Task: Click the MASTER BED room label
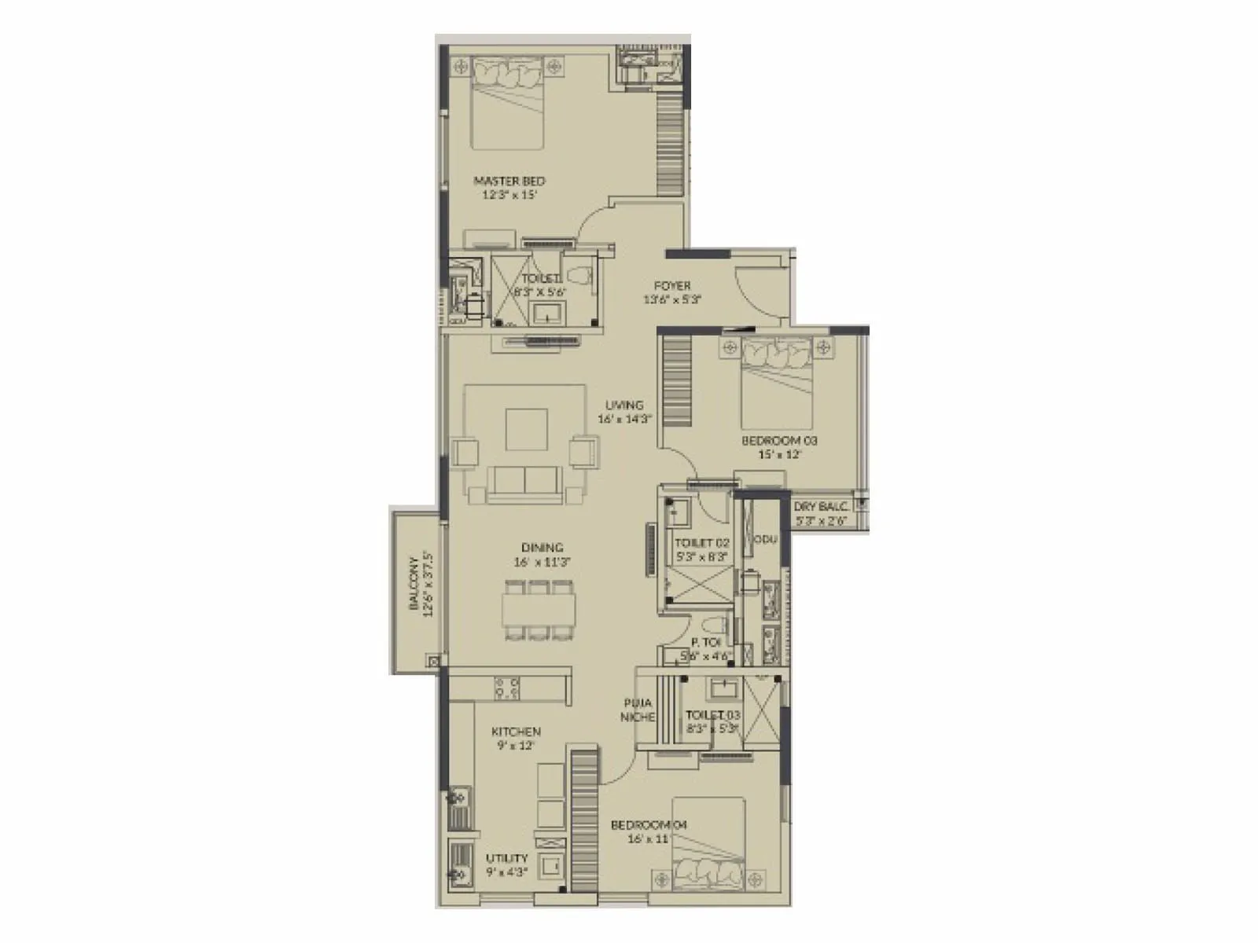point(509,181)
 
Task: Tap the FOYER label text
point(672,285)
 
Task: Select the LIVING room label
point(624,405)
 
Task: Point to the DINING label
point(542,548)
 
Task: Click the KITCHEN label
point(517,732)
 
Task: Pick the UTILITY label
point(507,858)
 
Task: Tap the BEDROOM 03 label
point(779,441)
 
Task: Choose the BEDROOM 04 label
point(649,825)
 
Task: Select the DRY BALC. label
point(821,507)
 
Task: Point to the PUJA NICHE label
point(638,710)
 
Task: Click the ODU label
point(765,540)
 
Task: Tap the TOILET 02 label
point(702,543)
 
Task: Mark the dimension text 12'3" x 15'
point(509,195)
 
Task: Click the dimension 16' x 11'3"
point(542,562)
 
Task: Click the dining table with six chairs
point(539,610)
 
